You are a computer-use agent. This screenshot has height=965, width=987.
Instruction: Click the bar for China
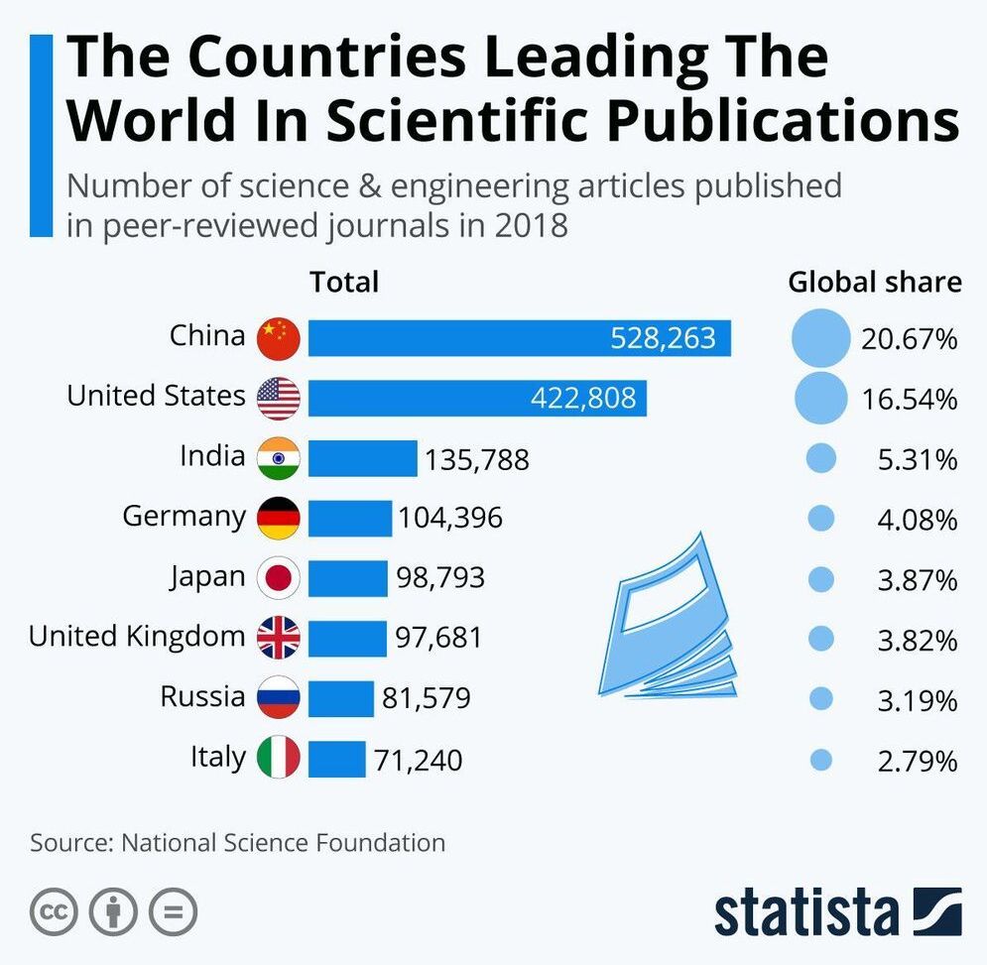[519, 338]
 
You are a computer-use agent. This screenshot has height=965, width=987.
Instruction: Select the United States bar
[477, 398]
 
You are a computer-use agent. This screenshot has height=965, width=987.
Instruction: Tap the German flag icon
[279, 518]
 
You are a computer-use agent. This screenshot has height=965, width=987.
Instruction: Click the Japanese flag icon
[279, 578]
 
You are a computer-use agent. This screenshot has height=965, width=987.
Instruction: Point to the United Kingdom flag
[279, 639]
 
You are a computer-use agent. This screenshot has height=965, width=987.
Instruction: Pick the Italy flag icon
[279, 759]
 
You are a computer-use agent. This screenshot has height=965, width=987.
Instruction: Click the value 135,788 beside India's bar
[477, 460]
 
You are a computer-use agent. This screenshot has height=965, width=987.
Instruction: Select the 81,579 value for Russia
[427, 699]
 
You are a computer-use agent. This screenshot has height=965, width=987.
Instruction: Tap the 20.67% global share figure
[910, 340]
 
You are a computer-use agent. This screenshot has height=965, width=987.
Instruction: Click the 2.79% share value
[918, 762]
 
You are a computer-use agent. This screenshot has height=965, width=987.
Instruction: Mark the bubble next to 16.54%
[821, 398]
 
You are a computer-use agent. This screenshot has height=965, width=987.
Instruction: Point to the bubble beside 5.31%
[821, 458]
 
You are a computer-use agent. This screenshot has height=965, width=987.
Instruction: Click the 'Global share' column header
[875, 283]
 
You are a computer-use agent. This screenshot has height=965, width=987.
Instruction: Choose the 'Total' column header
[344, 283]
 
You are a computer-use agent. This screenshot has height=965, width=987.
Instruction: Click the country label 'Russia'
[202, 696]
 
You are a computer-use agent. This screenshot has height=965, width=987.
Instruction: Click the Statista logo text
[804, 911]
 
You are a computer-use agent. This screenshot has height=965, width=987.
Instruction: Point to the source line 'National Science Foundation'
[283, 843]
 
